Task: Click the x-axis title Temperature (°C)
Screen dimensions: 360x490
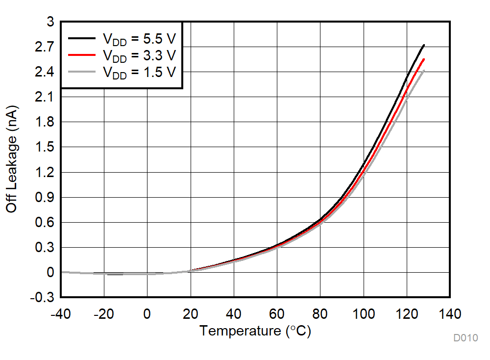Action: (255, 332)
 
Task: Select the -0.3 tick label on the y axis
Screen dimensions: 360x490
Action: (42, 298)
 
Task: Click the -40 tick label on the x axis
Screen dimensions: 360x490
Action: (61, 313)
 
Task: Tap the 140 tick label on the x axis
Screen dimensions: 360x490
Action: (449, 313)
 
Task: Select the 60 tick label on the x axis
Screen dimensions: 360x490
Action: (277, 313)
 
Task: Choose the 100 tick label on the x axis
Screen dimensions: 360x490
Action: (363, 313)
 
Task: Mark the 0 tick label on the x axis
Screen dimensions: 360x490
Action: (147, 313)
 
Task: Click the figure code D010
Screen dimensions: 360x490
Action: (465, 338)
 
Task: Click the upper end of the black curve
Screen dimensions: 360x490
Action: (423, 45)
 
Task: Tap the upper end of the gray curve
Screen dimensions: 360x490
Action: (423, 71)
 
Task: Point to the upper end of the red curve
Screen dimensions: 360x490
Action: (423, 59)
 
